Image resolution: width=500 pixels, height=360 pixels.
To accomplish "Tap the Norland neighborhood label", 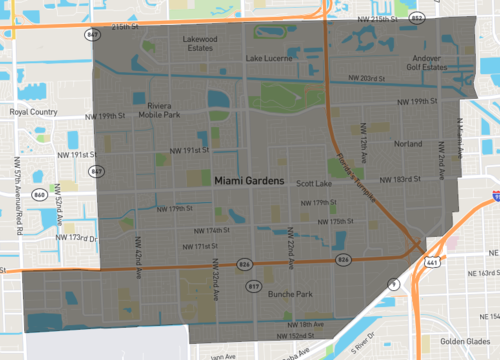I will [408, 144].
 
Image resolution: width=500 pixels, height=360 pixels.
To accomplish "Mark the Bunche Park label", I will [291, 294].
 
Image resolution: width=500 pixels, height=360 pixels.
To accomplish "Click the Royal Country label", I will [34, 113].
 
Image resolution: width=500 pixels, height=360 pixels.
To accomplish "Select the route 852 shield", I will [417, 19].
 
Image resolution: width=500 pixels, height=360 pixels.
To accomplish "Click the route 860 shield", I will [40, 193].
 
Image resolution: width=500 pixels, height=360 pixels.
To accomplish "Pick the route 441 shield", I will [431, 262].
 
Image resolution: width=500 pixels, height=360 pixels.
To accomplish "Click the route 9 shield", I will [393, 285].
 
